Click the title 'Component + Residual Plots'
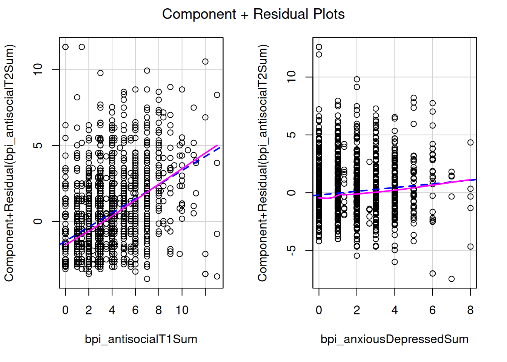(x=253, y=14)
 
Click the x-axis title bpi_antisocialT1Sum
(x=141, y=339)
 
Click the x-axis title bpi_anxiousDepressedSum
(x=394, y=339)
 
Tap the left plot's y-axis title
(x=9, y=163)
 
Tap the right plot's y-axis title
(x=263, y=163)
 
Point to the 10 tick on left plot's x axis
(x=182, y=310)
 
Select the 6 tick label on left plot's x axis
(x=135, y=310)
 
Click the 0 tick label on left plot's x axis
(x=65, y=310)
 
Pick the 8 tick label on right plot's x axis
(x=470, y=310)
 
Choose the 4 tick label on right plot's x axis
(x=395, y=310)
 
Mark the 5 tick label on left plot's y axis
(x=38, y=146)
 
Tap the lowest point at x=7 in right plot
(x=452, y=279)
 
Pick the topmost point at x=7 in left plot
(x=147, y=71)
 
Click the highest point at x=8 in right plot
(x=470, y=143)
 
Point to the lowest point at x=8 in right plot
(x=470, y=247)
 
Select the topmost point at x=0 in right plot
(x=319, y=47)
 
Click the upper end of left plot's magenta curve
(x=217, y=145)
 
